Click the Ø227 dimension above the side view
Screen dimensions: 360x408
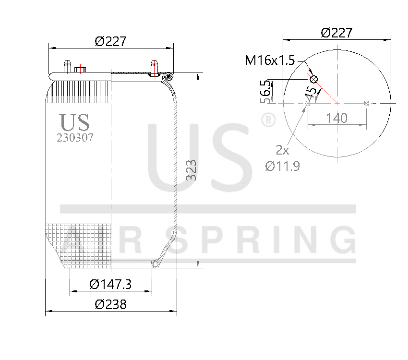coord(110,41)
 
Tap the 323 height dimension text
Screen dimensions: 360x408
coord(192,170)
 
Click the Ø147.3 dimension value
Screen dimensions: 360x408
coord(110,284)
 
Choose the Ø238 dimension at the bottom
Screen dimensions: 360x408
coord(110,304)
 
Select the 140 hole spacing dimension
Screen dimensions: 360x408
coord(336,118)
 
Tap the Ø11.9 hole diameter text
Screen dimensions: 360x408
coord(282,167)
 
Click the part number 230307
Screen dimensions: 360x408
coord(75,138)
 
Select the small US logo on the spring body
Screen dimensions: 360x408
coord(74,122)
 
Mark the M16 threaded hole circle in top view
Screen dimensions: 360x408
coord(314,79)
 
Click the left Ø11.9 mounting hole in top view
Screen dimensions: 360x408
coord(308,103)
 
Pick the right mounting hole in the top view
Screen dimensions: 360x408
coord(366,103)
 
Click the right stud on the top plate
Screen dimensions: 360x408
coord(154,67)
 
